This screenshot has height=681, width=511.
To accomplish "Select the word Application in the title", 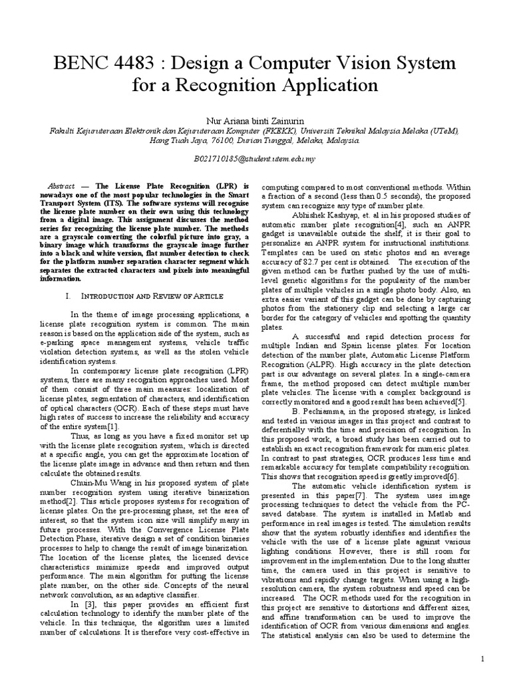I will click(x=323, y=86).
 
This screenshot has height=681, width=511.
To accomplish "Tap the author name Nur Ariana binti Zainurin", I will click(x=255, y=122).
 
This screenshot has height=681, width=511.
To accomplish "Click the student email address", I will click(x=255, y=160).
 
